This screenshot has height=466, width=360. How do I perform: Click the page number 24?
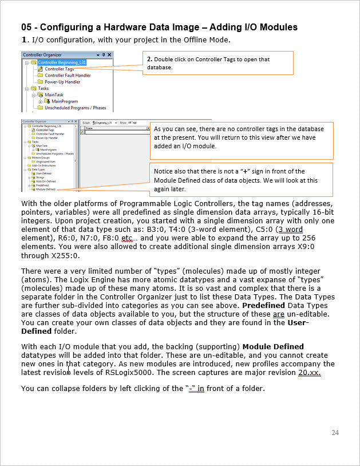coord(335,433)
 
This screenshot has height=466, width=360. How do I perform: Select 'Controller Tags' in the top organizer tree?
coord(60,69)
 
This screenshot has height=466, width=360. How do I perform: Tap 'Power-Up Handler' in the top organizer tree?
coord(62,82)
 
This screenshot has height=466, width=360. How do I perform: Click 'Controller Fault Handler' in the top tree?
coord(68,75)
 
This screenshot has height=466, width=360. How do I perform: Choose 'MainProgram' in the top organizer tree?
coord(65,101)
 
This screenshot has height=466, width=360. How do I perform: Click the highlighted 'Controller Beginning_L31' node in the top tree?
coord(62,62)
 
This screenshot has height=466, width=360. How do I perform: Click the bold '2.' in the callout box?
coord(150,60)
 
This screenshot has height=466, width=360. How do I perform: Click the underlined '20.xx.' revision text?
coord(310,372)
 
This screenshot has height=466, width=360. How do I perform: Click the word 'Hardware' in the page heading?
coord(138,27)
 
